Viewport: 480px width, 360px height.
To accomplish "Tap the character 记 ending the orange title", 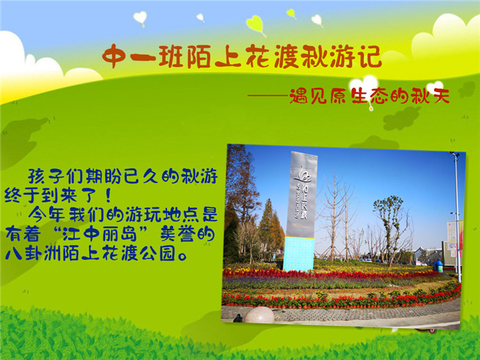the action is pos(369,56).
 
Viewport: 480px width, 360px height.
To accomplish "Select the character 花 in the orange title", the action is pos(257,56).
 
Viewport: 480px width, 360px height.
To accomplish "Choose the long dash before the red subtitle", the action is pos(268,96).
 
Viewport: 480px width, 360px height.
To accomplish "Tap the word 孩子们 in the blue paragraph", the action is pos(56,176).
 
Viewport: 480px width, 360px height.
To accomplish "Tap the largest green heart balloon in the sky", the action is pos(255,24).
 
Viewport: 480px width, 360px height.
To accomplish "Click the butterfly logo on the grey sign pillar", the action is pos(302,175).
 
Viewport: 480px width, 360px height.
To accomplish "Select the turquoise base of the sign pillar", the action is pos(298,254).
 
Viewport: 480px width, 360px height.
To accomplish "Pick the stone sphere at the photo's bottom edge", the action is pos(259,314).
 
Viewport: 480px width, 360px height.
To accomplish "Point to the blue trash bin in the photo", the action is pos(438,266).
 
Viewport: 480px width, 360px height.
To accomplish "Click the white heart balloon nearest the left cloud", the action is pos(141,18).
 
